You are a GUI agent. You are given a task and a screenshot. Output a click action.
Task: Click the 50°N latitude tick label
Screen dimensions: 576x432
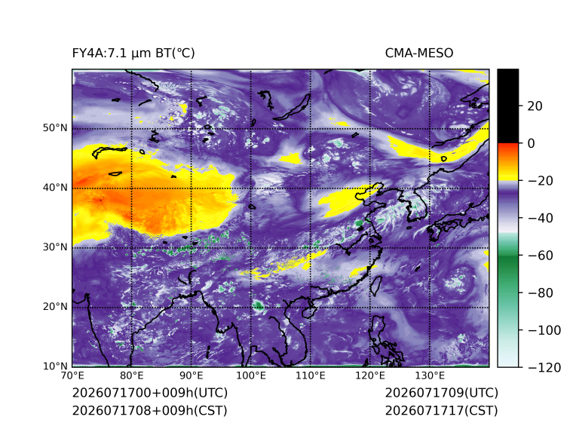[x=55, y=128]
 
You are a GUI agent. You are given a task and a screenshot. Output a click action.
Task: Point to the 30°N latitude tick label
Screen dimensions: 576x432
[x=55, y=247]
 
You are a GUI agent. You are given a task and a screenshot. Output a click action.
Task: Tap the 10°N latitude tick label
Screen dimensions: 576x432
[x=55, y=366]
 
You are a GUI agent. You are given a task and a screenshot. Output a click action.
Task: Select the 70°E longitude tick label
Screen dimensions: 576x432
[x=72, y=375]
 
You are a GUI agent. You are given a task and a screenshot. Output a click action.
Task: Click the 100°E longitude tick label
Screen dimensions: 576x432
[x=251, y=375]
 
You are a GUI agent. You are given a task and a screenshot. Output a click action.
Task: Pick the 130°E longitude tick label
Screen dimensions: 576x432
[x=430, y=375]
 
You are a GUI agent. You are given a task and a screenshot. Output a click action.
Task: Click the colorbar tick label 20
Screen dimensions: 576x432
[x=535, y=106]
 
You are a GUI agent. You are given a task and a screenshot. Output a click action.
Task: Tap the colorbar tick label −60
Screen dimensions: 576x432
[x=540, y=256]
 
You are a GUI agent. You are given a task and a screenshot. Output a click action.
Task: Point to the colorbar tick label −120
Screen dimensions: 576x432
[x=544, y=367]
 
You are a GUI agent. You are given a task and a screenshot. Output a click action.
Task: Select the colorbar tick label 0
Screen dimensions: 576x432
[x=531, y=143]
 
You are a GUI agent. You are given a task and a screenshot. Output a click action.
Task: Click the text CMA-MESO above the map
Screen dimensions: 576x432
[x=419, y=54]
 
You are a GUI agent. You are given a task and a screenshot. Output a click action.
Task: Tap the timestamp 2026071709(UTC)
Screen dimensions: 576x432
[x=442, y=393]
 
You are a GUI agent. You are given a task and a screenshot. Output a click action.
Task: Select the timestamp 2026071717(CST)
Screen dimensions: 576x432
[x=442, y=411]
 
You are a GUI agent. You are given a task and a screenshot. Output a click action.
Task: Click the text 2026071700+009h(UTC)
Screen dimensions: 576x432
[x=150, y=393]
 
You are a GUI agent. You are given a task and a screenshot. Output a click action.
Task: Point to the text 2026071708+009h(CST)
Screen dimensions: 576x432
[x=150, y=411]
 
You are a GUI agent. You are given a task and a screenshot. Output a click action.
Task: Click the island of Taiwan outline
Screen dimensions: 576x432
[x=375, y=286]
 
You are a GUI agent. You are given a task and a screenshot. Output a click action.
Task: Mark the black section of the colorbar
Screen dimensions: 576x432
[x=508, y=106]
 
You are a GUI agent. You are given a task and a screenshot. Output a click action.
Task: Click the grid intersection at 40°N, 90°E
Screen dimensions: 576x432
[x=191, y=188]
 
